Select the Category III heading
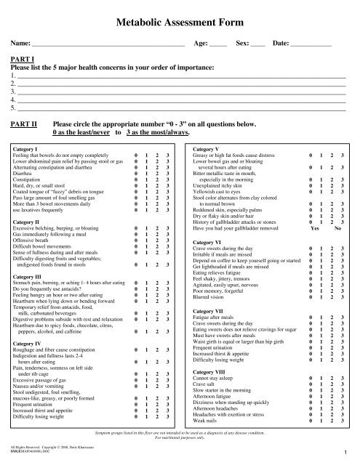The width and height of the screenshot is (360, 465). (32, 276)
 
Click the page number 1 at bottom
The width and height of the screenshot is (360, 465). (349, 453)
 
